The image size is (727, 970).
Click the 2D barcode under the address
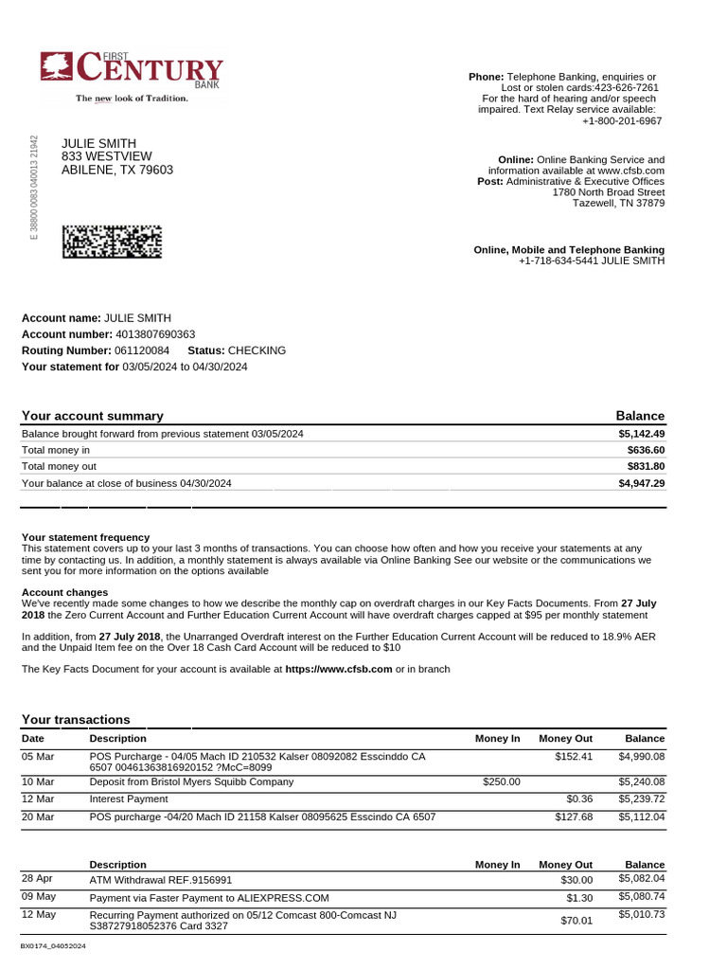coord(112,242)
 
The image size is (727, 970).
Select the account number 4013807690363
coord(155,334)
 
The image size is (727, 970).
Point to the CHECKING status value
coord(257,350)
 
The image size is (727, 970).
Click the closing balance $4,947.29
coord(641,483)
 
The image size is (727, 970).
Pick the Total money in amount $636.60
coord(646,450)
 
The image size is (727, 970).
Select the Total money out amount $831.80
coord(646,467)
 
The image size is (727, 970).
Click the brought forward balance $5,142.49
coord(641,434)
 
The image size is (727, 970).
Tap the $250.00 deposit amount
coord(502,782)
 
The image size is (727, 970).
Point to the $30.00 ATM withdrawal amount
coord(576,881)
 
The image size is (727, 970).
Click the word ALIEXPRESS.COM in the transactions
coord(282,898)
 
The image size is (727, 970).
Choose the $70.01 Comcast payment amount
coord(576,920)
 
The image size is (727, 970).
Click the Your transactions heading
coord(76,720)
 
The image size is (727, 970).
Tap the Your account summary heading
coord(92,416)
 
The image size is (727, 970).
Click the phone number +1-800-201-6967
coord(622,121)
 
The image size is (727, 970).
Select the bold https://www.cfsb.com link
coord(338,669)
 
